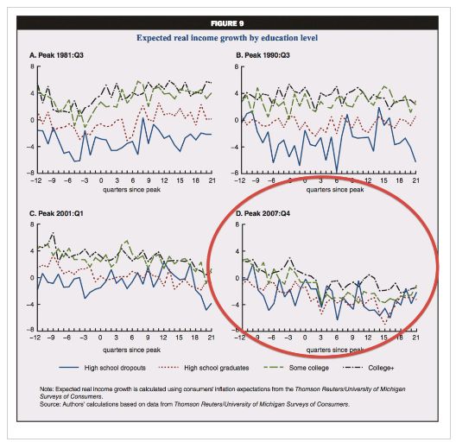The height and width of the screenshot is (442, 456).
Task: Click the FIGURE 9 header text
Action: (227, 23)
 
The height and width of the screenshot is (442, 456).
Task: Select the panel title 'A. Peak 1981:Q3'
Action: (56, 55)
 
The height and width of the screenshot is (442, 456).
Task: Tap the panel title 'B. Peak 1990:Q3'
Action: (263, 55)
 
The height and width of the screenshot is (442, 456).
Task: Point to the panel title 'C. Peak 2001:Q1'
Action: (56, 213)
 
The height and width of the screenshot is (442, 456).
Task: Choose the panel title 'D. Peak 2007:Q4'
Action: (263, 213)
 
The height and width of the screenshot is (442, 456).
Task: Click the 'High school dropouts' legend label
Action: (115, 368)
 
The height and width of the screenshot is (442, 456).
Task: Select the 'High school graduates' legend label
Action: (217, 368)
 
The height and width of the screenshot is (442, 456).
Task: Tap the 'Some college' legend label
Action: (309, 368)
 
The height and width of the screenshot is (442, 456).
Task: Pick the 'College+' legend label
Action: (381, 368)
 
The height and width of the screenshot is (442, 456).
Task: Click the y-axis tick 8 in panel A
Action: (32, 66)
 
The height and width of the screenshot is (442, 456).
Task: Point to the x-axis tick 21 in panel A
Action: (212, 180)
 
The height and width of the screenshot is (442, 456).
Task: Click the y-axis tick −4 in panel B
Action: (235, 147)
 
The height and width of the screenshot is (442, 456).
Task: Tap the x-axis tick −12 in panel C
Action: (35, 338)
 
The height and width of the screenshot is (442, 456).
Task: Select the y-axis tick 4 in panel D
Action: (237, 250)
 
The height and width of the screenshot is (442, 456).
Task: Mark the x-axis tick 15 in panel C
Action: (179, 338)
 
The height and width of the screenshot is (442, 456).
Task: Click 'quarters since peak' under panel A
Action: (131, 190)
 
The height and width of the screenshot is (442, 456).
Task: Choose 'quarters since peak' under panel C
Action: (131, 350)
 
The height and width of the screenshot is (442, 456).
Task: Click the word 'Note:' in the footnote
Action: (47, 389)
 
